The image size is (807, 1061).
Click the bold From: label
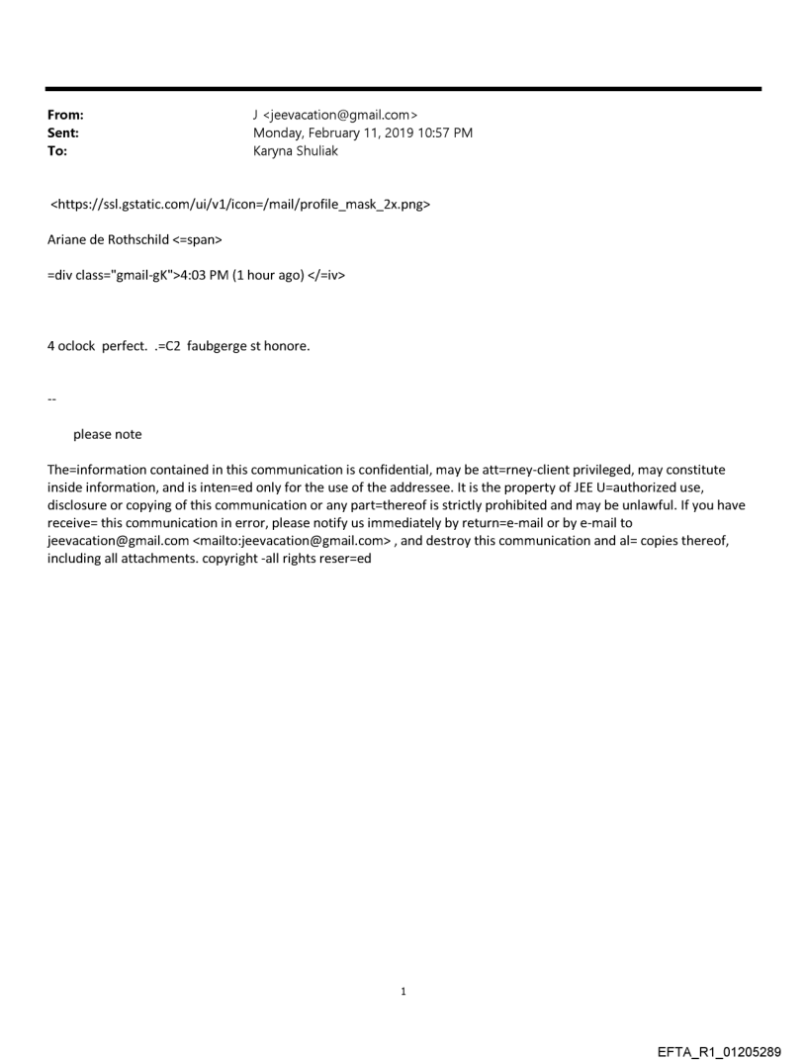coord(65,115)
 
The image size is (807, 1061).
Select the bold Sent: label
coord(63,133)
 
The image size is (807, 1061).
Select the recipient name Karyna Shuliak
coord(296,151)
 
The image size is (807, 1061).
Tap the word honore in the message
coord(288,346)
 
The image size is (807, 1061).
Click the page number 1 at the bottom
coord(403,991)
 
